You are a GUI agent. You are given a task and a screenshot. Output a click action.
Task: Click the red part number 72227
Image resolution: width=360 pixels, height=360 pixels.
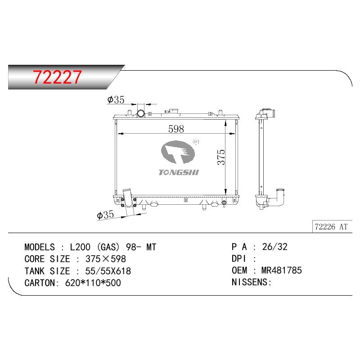(57, 77)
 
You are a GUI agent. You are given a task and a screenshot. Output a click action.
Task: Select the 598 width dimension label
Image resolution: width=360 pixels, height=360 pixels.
(176, 129)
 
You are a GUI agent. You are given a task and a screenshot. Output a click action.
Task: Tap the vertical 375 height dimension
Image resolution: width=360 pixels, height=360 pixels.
(221, 157)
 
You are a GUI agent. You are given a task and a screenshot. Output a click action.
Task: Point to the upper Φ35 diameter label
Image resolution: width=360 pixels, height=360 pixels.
(116, 100)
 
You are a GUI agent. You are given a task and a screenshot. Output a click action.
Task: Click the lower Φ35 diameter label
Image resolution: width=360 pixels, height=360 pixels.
(105, 215)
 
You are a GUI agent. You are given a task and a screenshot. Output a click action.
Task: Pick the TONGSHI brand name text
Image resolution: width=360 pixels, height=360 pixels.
(178, 172)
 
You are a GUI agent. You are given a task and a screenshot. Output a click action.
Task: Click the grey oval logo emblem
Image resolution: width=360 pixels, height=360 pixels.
(178, 152)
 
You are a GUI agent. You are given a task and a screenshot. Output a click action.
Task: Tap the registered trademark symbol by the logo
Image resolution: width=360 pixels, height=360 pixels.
(196, 142)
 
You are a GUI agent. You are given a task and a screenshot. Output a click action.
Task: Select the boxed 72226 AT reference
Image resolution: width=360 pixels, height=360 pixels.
(331, 227)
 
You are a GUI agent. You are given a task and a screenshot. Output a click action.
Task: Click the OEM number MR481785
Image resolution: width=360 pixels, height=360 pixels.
(282, 270)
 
